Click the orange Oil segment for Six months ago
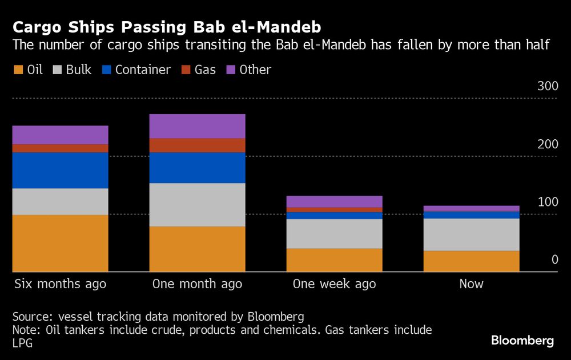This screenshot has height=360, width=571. [x=61, y=243]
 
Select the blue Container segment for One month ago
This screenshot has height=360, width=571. [x=197, y=168]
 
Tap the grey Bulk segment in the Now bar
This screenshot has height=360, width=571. [x=471, y=234]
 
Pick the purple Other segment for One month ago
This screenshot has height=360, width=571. [x=197, y=126]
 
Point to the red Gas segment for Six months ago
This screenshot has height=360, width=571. [x=61, y=148]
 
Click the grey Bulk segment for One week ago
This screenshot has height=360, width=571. [x=334, y=234]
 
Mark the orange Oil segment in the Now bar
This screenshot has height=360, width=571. [x=471, y=261]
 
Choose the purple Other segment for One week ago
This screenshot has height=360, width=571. [x=334, y=201]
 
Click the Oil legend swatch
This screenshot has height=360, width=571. [x=18, y=70]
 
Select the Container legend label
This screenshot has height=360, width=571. [x=143, y=70]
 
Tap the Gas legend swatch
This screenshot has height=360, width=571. [x=186, y=70]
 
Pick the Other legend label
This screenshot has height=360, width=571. [x=255, y=70]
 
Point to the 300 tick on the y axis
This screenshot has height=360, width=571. [x=547, y=86]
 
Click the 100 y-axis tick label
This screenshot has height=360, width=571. [x=547, y=202]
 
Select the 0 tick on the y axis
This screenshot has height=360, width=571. [x=554, y=260]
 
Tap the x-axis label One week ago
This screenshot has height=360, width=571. [x=334, y=284]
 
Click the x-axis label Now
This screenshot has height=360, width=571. [x=471, y=284]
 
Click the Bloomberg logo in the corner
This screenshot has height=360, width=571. [x=522, y=341]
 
